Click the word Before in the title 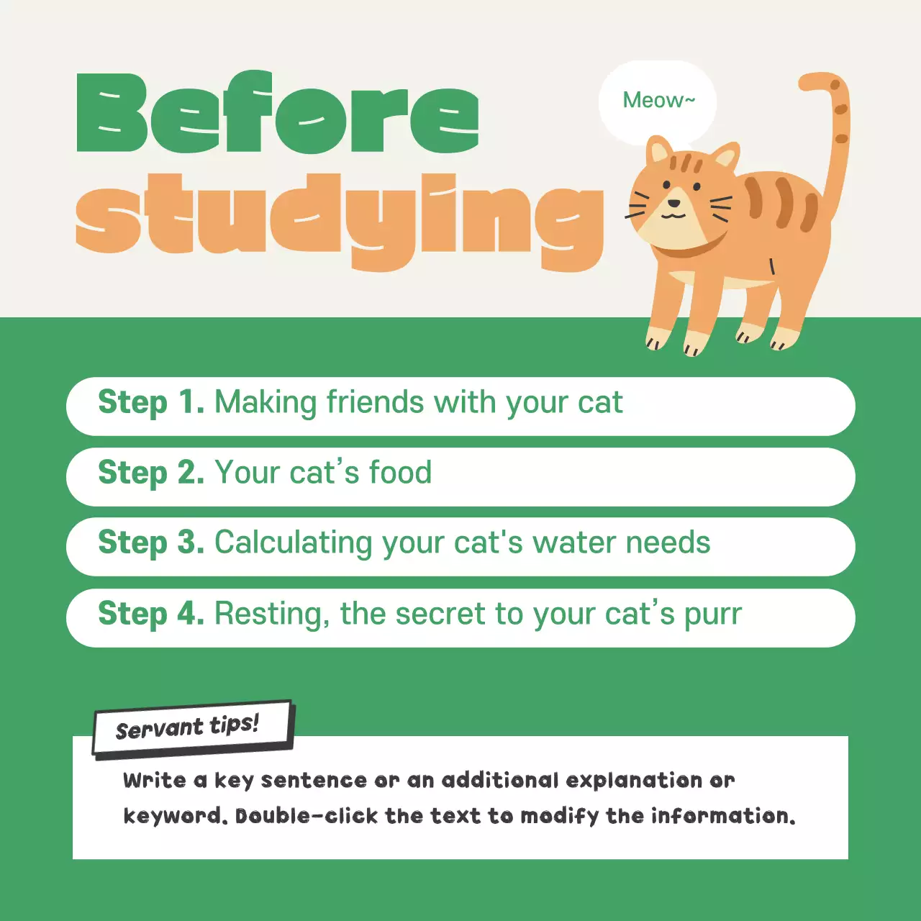277,114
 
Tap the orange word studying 338,216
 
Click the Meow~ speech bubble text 658,100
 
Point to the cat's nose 672,204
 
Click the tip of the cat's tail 809,81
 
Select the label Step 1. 150,402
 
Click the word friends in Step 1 375,402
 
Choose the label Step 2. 150,473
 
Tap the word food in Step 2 400,473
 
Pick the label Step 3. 150,543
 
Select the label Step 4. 150,614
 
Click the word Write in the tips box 154,780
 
